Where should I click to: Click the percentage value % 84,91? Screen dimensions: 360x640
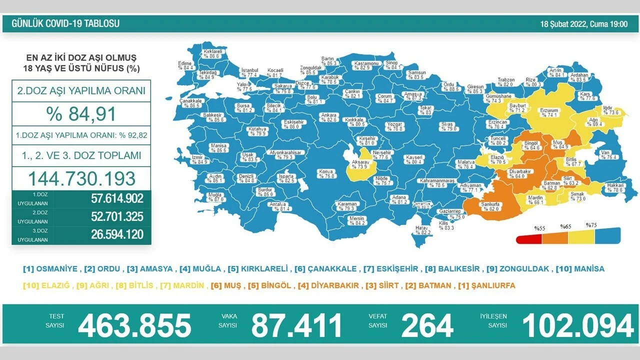[81, 113]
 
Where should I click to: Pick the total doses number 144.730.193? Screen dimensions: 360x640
[81, 178]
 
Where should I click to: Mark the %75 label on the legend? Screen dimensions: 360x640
[591, 225]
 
